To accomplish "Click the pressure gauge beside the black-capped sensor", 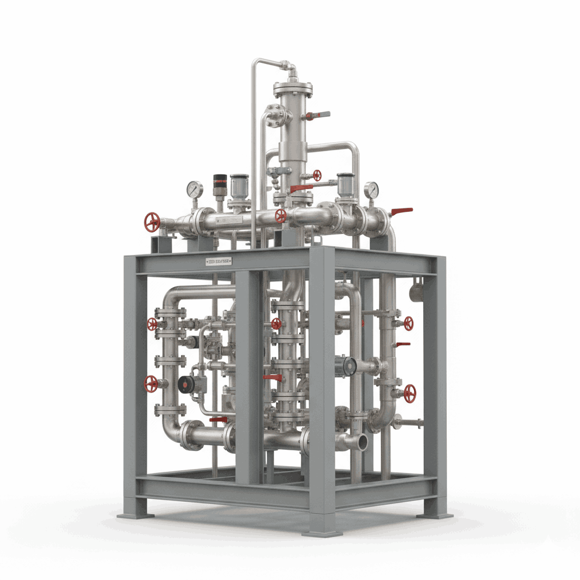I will coord(194,189).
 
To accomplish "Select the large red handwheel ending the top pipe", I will coord(152,222).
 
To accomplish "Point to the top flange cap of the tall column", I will coord(293,88).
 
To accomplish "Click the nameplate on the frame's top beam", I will coord(219,262).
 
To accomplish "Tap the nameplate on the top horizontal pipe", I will coord(232,218).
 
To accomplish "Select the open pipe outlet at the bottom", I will coord(359,442).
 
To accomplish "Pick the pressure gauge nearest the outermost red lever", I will coord(372,190).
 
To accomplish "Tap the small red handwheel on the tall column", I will coord(317,175).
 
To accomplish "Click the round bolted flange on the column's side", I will coord(275,116).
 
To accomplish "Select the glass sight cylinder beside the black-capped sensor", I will coord(240,185).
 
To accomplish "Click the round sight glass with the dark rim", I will coord(346,366).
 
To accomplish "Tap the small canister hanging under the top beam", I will coord(416,291).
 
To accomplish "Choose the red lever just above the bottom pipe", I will coord(219,420).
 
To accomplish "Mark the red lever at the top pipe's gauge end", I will coord(402,211).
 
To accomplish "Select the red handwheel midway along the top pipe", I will coord(280,215).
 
